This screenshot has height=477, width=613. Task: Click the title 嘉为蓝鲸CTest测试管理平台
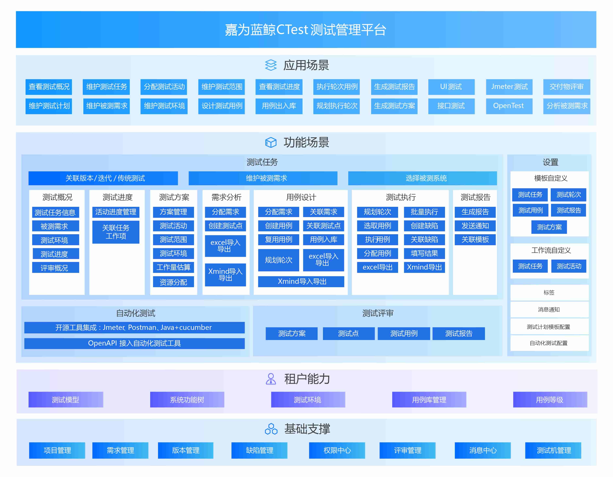point(306,30)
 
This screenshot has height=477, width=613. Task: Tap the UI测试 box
point(451,87)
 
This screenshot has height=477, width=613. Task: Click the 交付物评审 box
point(566,87)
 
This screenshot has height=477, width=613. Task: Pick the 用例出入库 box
point(279,106)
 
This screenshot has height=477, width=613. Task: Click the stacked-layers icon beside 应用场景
point(271,65)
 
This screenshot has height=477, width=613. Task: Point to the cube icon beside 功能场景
point(271,143)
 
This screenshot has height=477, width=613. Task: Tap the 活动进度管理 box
point(116,212)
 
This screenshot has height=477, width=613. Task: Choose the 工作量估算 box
point(173,267)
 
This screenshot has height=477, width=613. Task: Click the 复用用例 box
point(278,239)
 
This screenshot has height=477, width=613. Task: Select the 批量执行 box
point(424,212)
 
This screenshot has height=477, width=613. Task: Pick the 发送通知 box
point(475,226)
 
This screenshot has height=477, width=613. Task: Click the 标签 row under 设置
point(549,293)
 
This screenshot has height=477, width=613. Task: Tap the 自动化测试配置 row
point(549,343)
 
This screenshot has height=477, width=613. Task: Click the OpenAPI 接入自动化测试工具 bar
point(134,343)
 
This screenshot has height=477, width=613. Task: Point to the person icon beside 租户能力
point(271,379)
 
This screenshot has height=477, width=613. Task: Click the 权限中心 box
point(337,450)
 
